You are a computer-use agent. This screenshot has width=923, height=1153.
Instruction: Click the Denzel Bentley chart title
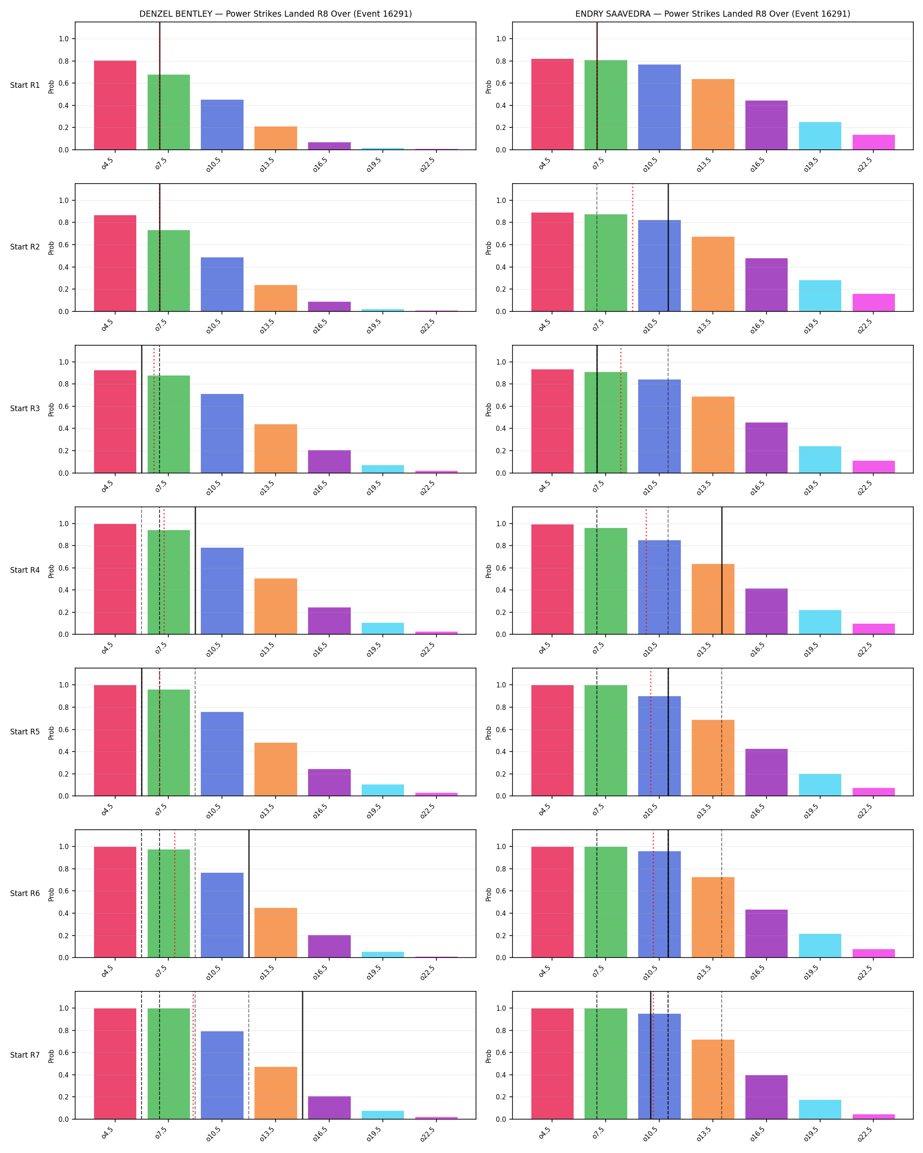(276, 14)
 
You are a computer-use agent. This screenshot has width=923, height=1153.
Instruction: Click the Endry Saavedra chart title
(713, 14)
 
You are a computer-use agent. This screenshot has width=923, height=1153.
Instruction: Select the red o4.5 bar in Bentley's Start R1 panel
(115, 105)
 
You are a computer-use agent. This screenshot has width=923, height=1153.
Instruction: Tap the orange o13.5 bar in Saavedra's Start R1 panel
(713, 115)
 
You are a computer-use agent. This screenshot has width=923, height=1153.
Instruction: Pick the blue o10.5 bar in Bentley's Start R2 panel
(222, 285)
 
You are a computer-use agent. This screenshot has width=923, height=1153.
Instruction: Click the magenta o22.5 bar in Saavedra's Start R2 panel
(873, 303)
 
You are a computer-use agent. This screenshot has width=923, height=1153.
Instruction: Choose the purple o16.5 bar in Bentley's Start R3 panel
(329, 462)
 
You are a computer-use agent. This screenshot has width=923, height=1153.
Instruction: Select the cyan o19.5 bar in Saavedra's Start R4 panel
(820, 622)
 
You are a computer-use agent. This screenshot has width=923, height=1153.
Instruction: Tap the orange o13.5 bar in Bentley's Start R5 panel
(276, 769)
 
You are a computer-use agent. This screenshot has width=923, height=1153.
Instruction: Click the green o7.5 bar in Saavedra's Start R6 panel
(606, 902)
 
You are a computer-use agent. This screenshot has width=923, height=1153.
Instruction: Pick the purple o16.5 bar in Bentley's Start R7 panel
(329, 1108)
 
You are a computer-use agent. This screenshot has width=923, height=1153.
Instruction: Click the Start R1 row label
(25, 86)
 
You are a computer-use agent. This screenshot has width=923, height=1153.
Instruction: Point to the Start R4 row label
(25, 570)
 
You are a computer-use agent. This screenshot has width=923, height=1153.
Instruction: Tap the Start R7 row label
(25, 1055)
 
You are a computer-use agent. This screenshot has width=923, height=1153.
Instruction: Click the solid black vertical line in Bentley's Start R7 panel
(302, 1055)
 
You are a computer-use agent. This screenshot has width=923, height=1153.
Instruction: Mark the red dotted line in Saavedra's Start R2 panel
(632, 248)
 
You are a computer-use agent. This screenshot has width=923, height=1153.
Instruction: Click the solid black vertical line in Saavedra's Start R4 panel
(722, 571)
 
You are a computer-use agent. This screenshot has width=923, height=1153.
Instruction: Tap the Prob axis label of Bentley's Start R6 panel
(51, 894)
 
